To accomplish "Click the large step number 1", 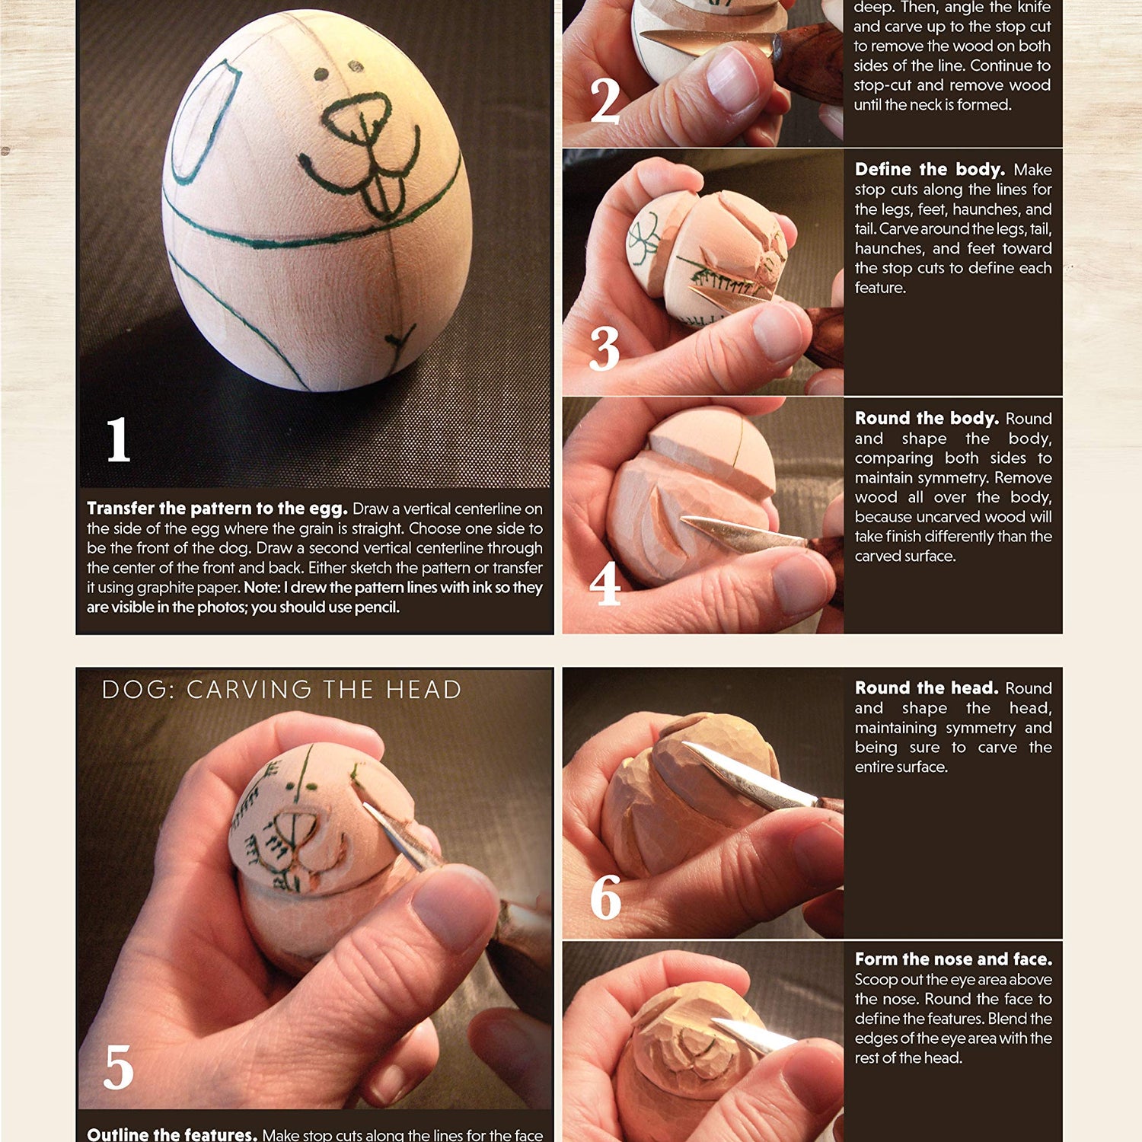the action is coord(118,439).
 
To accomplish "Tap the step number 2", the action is coord(605,100).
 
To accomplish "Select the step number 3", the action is coord(604,349).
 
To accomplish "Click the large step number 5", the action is coord(119,1067).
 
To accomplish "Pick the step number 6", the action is coord(606,898).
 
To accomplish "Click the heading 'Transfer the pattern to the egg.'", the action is coord(217,509).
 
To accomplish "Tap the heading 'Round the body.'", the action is coord(927,418).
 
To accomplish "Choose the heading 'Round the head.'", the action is coord(927,687).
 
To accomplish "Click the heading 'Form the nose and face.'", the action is coord(953,959).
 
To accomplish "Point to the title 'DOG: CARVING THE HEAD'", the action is coord(282,690).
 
